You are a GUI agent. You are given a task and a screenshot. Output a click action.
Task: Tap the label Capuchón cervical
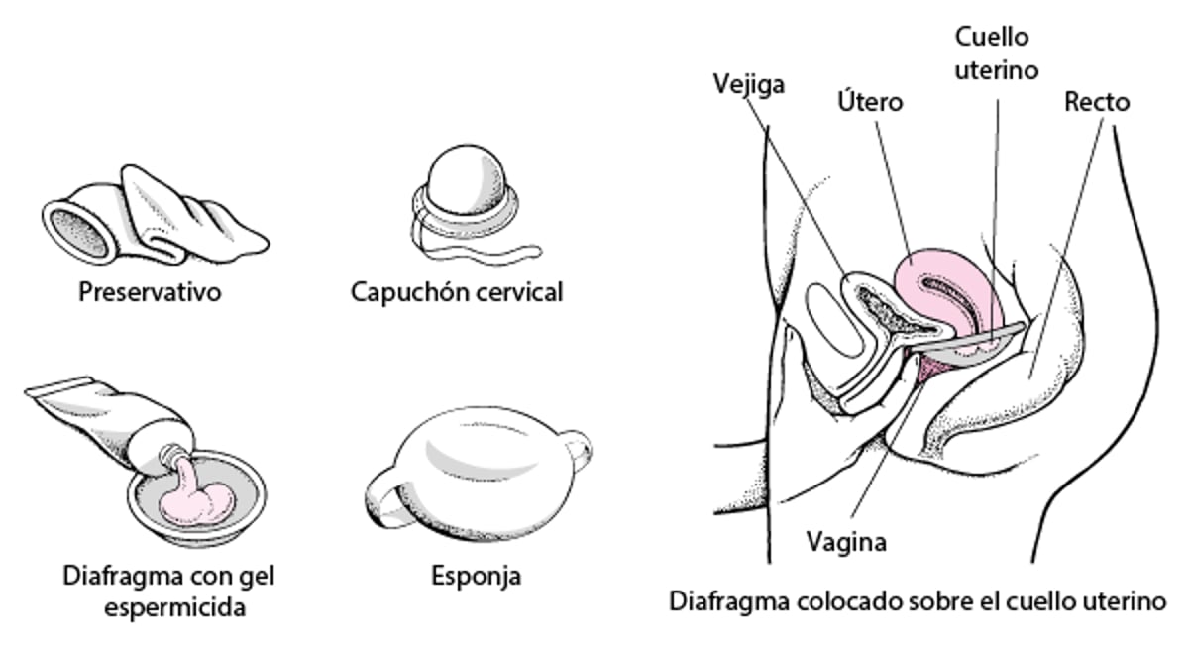coord(456,293)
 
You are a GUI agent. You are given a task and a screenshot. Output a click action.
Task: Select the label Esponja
coord(476,576)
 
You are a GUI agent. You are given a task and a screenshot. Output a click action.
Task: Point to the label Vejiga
coord(748,83)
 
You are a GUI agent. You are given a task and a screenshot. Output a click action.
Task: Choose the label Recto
coord(1096,102)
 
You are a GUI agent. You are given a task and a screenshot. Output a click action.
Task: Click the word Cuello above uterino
coord(992,38)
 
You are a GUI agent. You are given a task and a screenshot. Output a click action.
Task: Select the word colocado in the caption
coord(848,601)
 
